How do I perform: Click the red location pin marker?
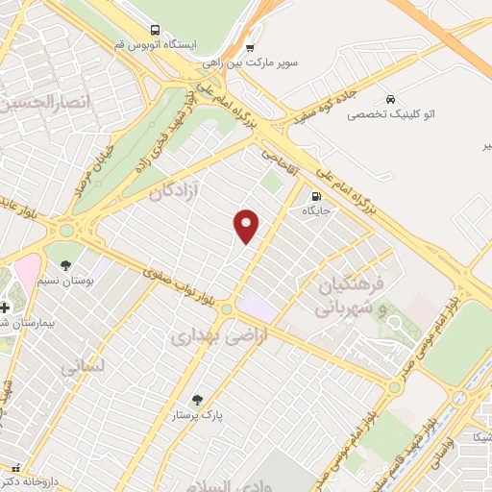247,225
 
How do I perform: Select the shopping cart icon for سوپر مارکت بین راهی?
250,47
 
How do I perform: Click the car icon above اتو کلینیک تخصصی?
390,99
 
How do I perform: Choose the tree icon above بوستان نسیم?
66,264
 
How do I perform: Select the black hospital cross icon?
6,307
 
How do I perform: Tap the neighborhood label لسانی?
82,366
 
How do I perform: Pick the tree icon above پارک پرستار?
197,399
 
